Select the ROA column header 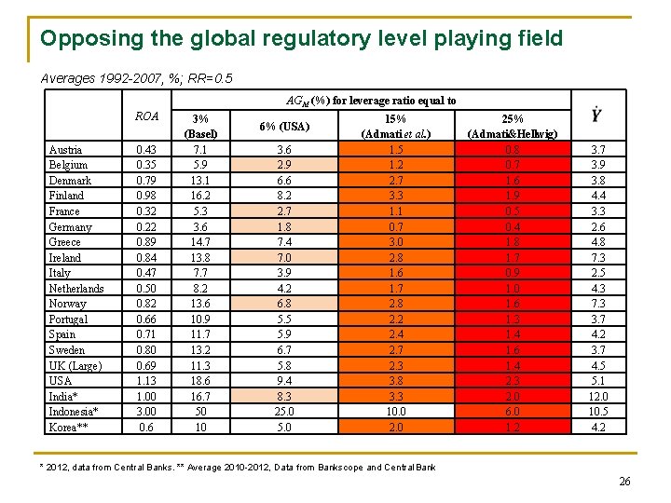(x=146, y=117)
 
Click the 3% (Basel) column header (x=199, y=126)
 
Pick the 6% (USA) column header (x=282, y=126)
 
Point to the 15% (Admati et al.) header (x=396, y=126)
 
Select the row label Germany (x=70, y=226)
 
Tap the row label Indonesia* (x=74, y=412)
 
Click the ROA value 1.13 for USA (x=146, y=381)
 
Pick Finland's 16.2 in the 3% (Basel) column (x=199, y=196)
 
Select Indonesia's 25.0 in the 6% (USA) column (x=282, y=412)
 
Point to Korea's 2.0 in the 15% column (x=396, y=428)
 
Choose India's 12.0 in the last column (x=596, y=397)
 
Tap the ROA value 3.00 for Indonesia (x=146, y=412)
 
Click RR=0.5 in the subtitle (x=212, y=78)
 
